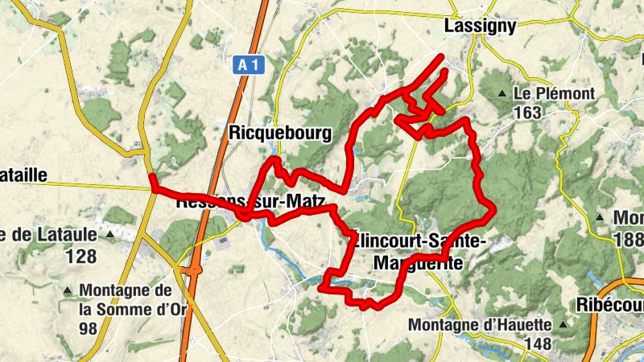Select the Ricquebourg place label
[280, 134]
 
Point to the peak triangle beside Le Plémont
[503, 94]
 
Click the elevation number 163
[527, 113]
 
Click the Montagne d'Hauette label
[481, 325]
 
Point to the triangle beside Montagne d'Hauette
[563, 325]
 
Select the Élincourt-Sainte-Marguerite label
[419, 251]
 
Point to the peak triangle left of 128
[110, 236]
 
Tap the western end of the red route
[152, 188]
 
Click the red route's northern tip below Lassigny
[442, 56]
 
